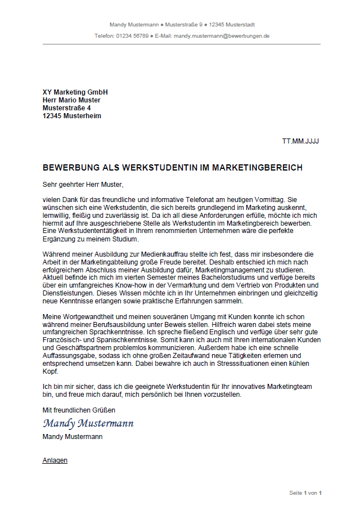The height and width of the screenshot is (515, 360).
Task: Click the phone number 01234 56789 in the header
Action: [133, 35]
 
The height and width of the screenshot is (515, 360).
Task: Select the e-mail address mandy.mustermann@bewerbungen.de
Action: [222, 35]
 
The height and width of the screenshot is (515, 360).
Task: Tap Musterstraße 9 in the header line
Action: [184, 25]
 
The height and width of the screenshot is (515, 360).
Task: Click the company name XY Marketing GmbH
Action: [75, 92]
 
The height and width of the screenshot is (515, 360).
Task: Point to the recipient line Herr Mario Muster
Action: [71, 100]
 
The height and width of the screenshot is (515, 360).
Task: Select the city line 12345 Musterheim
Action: [72, 116]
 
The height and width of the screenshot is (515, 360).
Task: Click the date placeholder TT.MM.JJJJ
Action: [300, 141]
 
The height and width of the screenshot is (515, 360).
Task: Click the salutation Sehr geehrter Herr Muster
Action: [82, 184]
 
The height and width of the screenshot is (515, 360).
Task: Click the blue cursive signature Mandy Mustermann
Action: [88, 423]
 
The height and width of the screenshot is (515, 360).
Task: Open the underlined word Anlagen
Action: [55, 460]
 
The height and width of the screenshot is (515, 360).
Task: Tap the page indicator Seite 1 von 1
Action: [305, 493]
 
